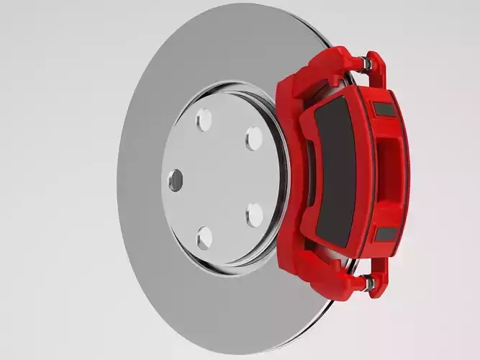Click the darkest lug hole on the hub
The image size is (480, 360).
(176, 179)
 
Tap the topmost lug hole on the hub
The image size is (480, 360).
(204, 119)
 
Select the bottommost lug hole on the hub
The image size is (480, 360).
(204, 237)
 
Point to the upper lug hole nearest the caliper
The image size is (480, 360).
(253, 138)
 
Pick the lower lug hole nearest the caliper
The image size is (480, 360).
(255, 215)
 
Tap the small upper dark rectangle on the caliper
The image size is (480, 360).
(384, 109)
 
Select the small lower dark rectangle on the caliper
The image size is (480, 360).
(386, 234)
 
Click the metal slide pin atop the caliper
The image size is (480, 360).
(366, 65)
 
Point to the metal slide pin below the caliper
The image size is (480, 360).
(369, 283)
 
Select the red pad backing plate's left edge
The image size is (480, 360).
(306, 173)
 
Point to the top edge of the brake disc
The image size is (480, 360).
(237, 6)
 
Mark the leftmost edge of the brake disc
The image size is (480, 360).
(119, 180)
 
